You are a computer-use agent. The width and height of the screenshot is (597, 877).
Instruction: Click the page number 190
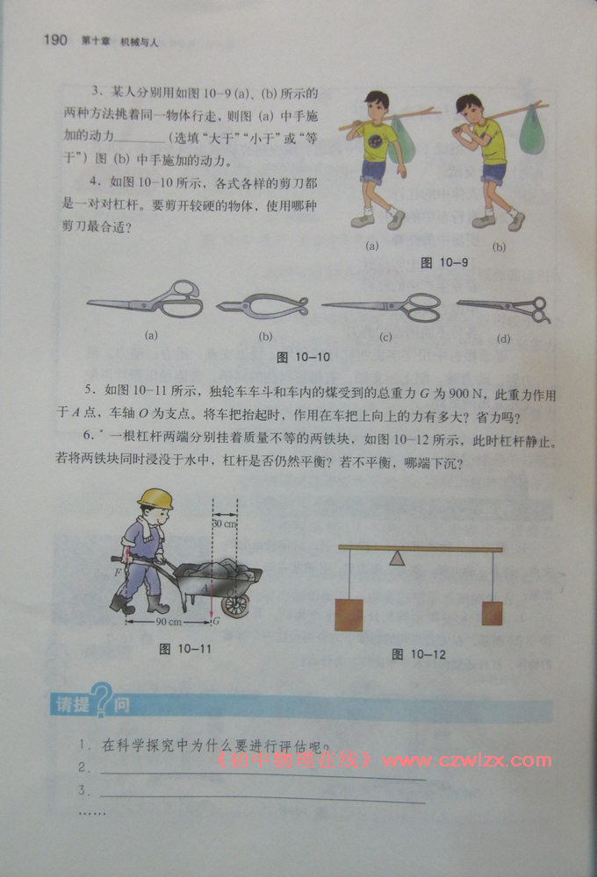click(55, 39)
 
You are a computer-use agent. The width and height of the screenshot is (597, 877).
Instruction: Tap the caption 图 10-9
click(443, 262)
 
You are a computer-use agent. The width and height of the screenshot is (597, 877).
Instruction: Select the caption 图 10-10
click(303, 357)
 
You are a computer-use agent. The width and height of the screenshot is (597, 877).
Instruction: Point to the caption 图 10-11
click(185, 648)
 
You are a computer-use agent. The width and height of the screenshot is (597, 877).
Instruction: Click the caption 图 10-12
click(419, 654)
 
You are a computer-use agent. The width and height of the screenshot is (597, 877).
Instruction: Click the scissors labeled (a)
click(145, 299)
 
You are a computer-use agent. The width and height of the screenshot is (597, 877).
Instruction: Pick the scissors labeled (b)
click(263, 306)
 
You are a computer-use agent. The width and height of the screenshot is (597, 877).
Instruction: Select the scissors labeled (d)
click(503, 310)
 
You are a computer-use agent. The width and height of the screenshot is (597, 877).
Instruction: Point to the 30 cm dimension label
click(225, 524)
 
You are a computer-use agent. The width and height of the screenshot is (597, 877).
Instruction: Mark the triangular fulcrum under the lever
click(397, 558)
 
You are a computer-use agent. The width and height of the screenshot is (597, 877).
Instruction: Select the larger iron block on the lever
click(349, 615)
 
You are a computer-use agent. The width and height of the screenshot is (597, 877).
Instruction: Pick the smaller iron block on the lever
click(492, 613)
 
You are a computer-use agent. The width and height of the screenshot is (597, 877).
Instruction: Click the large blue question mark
click(102, 700)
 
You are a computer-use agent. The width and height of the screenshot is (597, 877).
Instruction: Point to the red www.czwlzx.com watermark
click(467, 760)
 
